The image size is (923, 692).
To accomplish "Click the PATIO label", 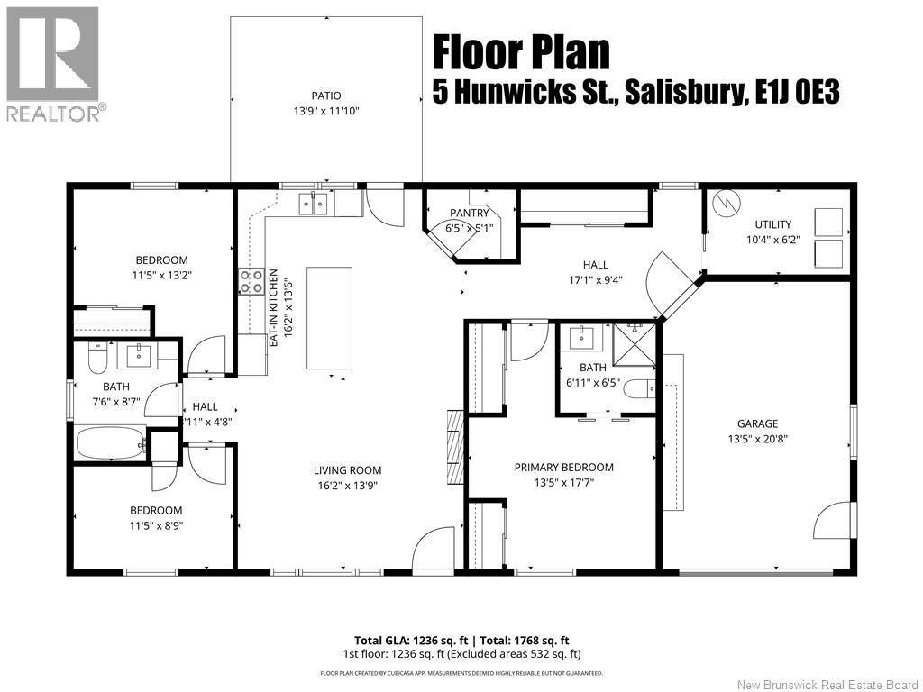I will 326,96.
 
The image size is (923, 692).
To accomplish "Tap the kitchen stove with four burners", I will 251,282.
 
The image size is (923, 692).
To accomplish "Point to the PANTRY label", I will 470,213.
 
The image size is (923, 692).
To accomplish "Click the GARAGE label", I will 757,423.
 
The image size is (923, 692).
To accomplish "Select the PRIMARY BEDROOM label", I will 563,467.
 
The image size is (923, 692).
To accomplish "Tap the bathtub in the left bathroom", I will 109,443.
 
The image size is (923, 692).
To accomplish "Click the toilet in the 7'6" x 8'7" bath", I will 97,360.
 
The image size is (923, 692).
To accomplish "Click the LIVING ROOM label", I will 347,469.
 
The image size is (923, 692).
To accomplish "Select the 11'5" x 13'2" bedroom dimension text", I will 162,277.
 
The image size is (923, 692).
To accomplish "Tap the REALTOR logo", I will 52,63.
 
